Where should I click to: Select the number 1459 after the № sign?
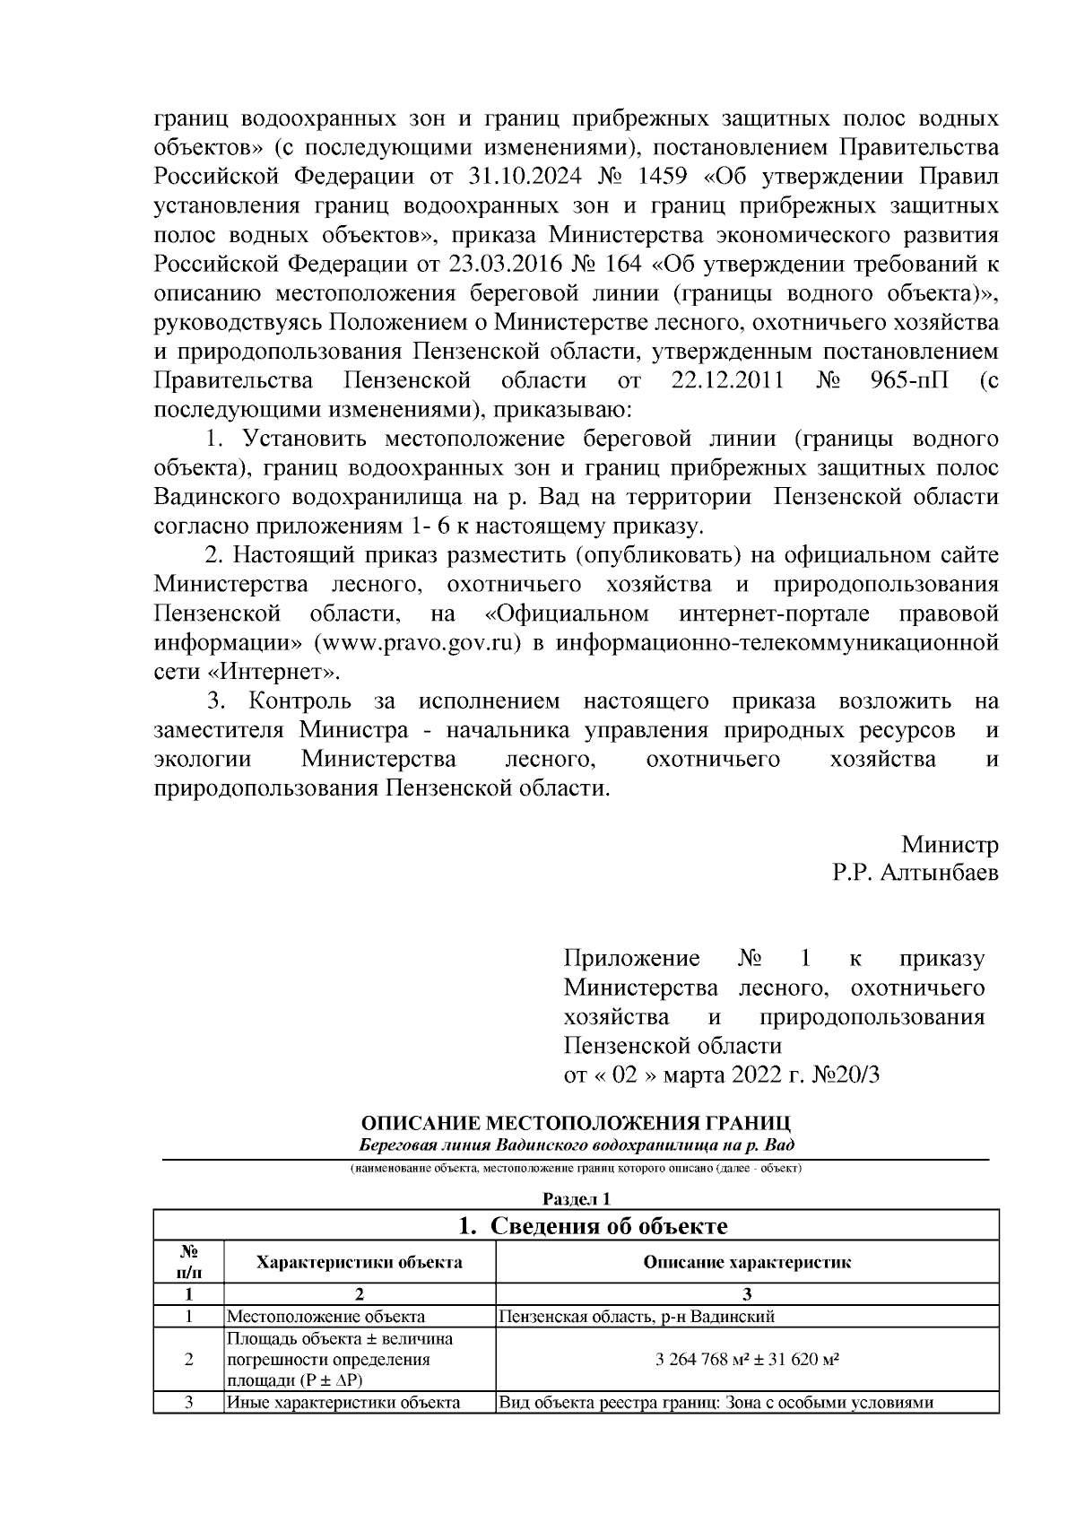click(681, 176)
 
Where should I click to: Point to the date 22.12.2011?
click(728, 380)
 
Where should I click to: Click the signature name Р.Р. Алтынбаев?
click(914, 873)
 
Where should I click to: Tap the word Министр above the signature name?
click(950, 844)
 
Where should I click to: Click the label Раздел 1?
click(577, 1199)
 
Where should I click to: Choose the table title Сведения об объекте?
click(593, 1226)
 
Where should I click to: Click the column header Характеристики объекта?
click(359, 1263)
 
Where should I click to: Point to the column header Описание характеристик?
click(746, 1263)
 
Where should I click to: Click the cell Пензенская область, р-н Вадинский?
click(636, 1318)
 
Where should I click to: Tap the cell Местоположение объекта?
click(325, 1318)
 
